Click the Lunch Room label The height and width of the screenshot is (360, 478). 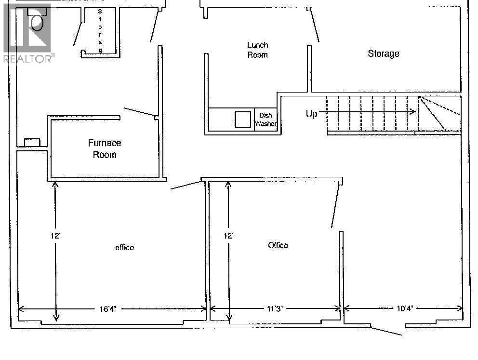coord(258,50)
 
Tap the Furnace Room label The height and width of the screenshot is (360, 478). coord(105,149)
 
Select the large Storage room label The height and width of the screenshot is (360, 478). coord(384,53)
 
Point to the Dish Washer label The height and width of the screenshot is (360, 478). coord(266,120)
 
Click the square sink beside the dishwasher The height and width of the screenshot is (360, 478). coord(243,119)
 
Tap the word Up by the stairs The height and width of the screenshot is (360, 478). coord(311,114)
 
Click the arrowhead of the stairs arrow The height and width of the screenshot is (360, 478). coord(412,112)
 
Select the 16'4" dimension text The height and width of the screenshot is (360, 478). coord(108,309)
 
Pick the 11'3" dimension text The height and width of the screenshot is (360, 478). coord(275,309)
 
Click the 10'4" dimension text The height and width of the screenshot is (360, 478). coord(405,308)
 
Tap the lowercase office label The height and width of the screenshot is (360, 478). coord(124,248)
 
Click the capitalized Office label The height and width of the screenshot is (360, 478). coord(278,245)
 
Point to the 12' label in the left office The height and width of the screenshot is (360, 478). coord(55,236)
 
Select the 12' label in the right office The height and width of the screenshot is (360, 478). coord(228,236)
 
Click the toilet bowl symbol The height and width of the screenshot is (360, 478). coord(37,22)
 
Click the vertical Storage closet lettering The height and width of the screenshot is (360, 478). coord(100,31)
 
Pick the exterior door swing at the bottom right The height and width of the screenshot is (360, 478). coord(386,332)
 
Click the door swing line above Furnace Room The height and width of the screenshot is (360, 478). coord(139,112)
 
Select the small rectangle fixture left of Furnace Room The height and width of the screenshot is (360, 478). coord(32,142)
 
